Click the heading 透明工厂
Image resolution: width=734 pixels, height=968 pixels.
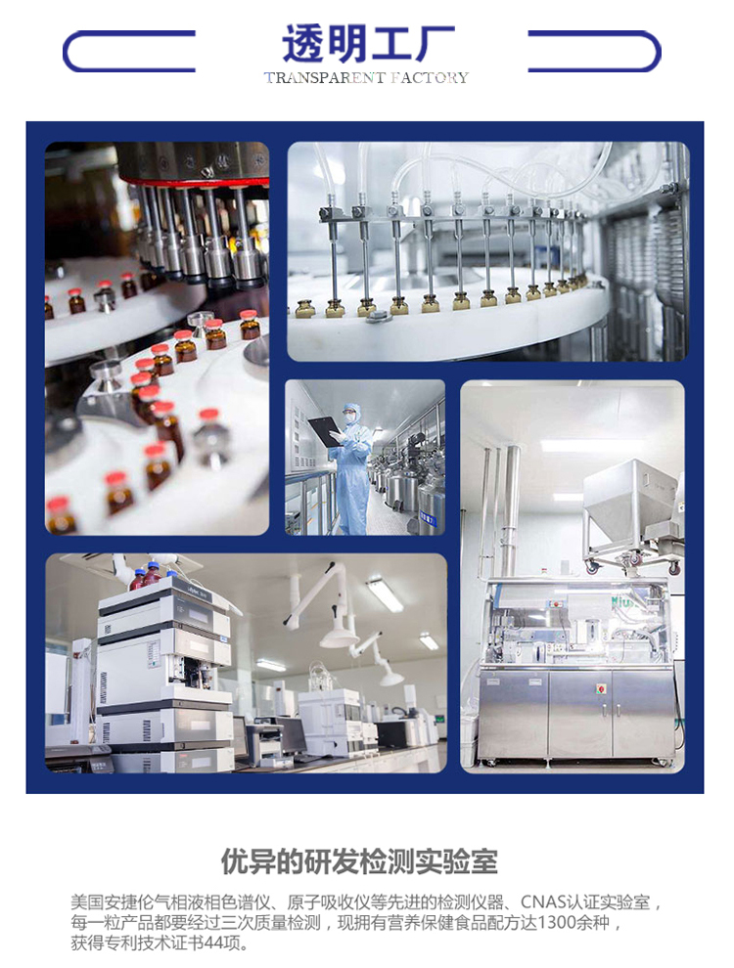click(368, 44)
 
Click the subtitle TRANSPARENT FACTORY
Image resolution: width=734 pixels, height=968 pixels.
click(366, 78)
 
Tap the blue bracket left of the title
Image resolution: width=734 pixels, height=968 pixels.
click(129, 51)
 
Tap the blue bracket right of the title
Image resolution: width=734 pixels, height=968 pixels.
click(594, 51)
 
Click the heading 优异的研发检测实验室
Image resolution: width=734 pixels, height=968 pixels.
click(359, 861)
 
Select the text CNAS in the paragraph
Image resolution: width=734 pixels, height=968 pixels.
click(544, 902)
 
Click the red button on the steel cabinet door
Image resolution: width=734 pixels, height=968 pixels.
click(599, 688)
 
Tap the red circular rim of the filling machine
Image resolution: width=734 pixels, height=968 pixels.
click(193, 182)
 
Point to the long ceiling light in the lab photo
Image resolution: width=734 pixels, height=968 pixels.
click(385, 594)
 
